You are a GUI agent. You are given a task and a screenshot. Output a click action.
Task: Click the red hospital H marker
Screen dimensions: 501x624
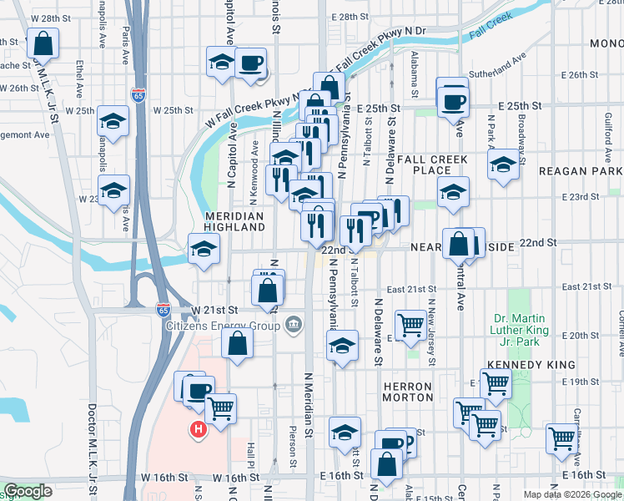click(x=199, y=430)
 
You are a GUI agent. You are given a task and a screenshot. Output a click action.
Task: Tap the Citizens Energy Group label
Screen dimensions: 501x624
click(x=222, y=326)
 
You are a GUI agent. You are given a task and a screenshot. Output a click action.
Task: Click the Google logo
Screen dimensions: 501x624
click(x=28, y=491)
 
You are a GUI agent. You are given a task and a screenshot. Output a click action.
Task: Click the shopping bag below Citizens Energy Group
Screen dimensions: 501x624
click(x=238, y=342)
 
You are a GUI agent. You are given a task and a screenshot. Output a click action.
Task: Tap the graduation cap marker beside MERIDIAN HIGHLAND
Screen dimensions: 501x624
click(x=204, y=248)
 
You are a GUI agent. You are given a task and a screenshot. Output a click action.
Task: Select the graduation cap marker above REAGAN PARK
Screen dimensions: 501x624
click(x=504, y=165)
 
